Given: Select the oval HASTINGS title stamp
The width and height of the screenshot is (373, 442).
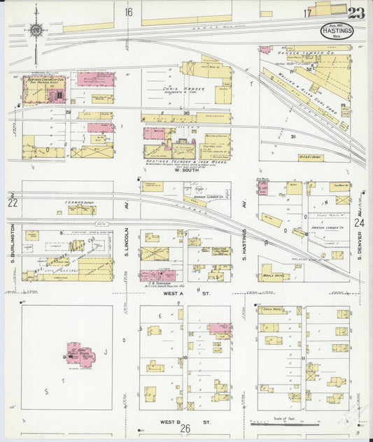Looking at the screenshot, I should click(x=337, y=31).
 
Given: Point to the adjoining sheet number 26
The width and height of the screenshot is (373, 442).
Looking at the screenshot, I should click(x=185, y=429).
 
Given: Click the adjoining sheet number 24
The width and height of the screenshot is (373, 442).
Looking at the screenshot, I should click(x=360, y=222).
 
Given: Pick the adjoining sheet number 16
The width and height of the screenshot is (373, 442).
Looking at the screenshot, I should click(x=129, y=12).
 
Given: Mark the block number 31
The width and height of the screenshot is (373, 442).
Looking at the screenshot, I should click(x=294, y=136).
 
